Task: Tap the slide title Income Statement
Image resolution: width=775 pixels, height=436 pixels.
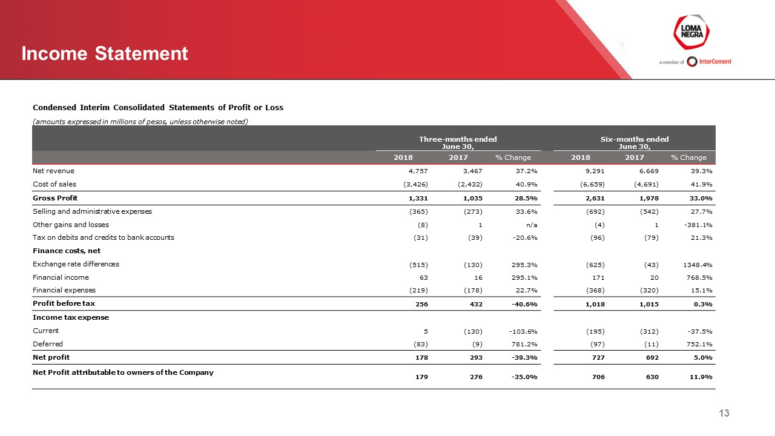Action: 105,54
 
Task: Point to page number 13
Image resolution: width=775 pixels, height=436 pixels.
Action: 724,413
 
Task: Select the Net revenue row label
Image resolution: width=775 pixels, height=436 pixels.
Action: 53,171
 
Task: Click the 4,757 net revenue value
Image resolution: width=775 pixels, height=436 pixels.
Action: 418,171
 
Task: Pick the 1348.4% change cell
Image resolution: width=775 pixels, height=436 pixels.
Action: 698,264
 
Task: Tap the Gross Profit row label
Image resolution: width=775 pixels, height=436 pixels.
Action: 55,198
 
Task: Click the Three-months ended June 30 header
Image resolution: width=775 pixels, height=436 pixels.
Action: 459,142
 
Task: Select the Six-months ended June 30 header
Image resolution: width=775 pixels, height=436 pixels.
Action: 635,142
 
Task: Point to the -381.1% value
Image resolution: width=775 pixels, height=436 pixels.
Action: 698,225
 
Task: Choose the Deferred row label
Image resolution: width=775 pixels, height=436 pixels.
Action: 47,344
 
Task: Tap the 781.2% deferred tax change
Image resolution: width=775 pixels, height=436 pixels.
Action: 524,344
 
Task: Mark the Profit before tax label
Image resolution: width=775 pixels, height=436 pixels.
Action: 64,303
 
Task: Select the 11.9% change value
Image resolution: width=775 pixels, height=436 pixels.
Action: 701,377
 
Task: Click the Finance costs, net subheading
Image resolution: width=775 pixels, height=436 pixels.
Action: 67,251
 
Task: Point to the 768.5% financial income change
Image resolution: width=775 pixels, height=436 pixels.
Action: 700,277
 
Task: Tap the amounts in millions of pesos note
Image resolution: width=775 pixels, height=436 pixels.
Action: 140,122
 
